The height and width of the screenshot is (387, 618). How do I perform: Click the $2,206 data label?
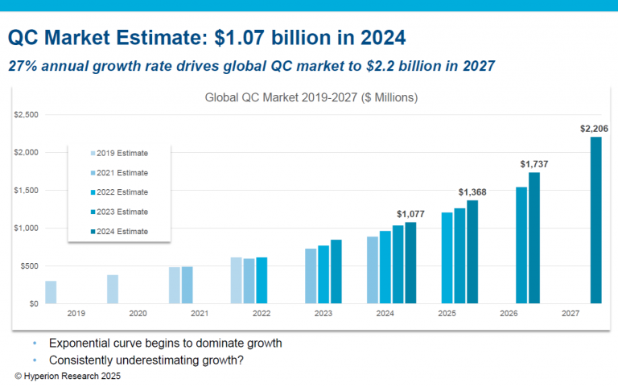tap(595, 128)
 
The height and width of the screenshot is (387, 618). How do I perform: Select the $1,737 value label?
tap(534, 164)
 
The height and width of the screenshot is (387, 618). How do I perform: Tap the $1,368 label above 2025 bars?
tap(472, 191)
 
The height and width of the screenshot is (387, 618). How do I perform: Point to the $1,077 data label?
tap(410, 213)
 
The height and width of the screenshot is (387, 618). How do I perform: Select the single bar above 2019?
tap(51, 292)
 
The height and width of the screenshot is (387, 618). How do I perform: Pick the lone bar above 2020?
tap(113, 289)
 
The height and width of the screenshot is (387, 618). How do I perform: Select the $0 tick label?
tap(34, 304)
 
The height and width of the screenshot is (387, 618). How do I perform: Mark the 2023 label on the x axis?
tap(323, 313)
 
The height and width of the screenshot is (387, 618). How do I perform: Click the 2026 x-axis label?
tap(509, 313)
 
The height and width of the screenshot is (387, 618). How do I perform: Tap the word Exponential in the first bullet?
tap(81, 344)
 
